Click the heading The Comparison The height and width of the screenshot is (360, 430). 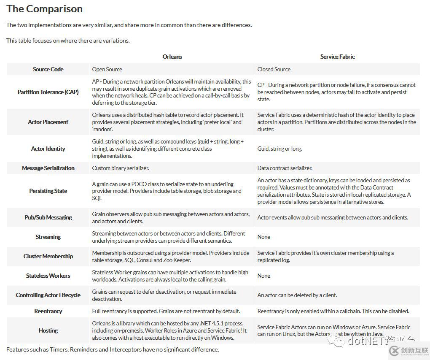pos(44,9)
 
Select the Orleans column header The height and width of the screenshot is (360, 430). pos(172,57)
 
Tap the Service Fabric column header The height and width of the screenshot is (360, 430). pos(337,57)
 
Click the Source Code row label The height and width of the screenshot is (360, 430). pos(48,69)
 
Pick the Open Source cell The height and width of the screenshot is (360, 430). pos(107,69)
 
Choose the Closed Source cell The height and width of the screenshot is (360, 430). pos(274,69)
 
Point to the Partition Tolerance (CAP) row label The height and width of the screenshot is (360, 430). pos(48,92)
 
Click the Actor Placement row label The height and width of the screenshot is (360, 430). pos(48,122)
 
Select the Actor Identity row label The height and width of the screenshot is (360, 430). pos(48,149)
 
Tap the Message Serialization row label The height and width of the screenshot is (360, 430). pos(48,168)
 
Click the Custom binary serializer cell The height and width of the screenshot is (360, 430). pos(121,168)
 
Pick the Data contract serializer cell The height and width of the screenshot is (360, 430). pos(285,168)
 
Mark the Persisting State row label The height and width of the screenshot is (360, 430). pos(48,191)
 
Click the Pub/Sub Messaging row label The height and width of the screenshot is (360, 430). pos(48,217)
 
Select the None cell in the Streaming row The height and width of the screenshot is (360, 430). pos(264,237)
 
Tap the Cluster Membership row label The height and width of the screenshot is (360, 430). pos(48,256)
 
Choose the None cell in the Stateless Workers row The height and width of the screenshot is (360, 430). pos(264,276)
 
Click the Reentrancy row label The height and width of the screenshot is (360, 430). pos(48,311)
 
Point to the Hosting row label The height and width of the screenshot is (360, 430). pos(48,330)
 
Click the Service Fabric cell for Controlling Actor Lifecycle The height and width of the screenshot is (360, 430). pos(297,295)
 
